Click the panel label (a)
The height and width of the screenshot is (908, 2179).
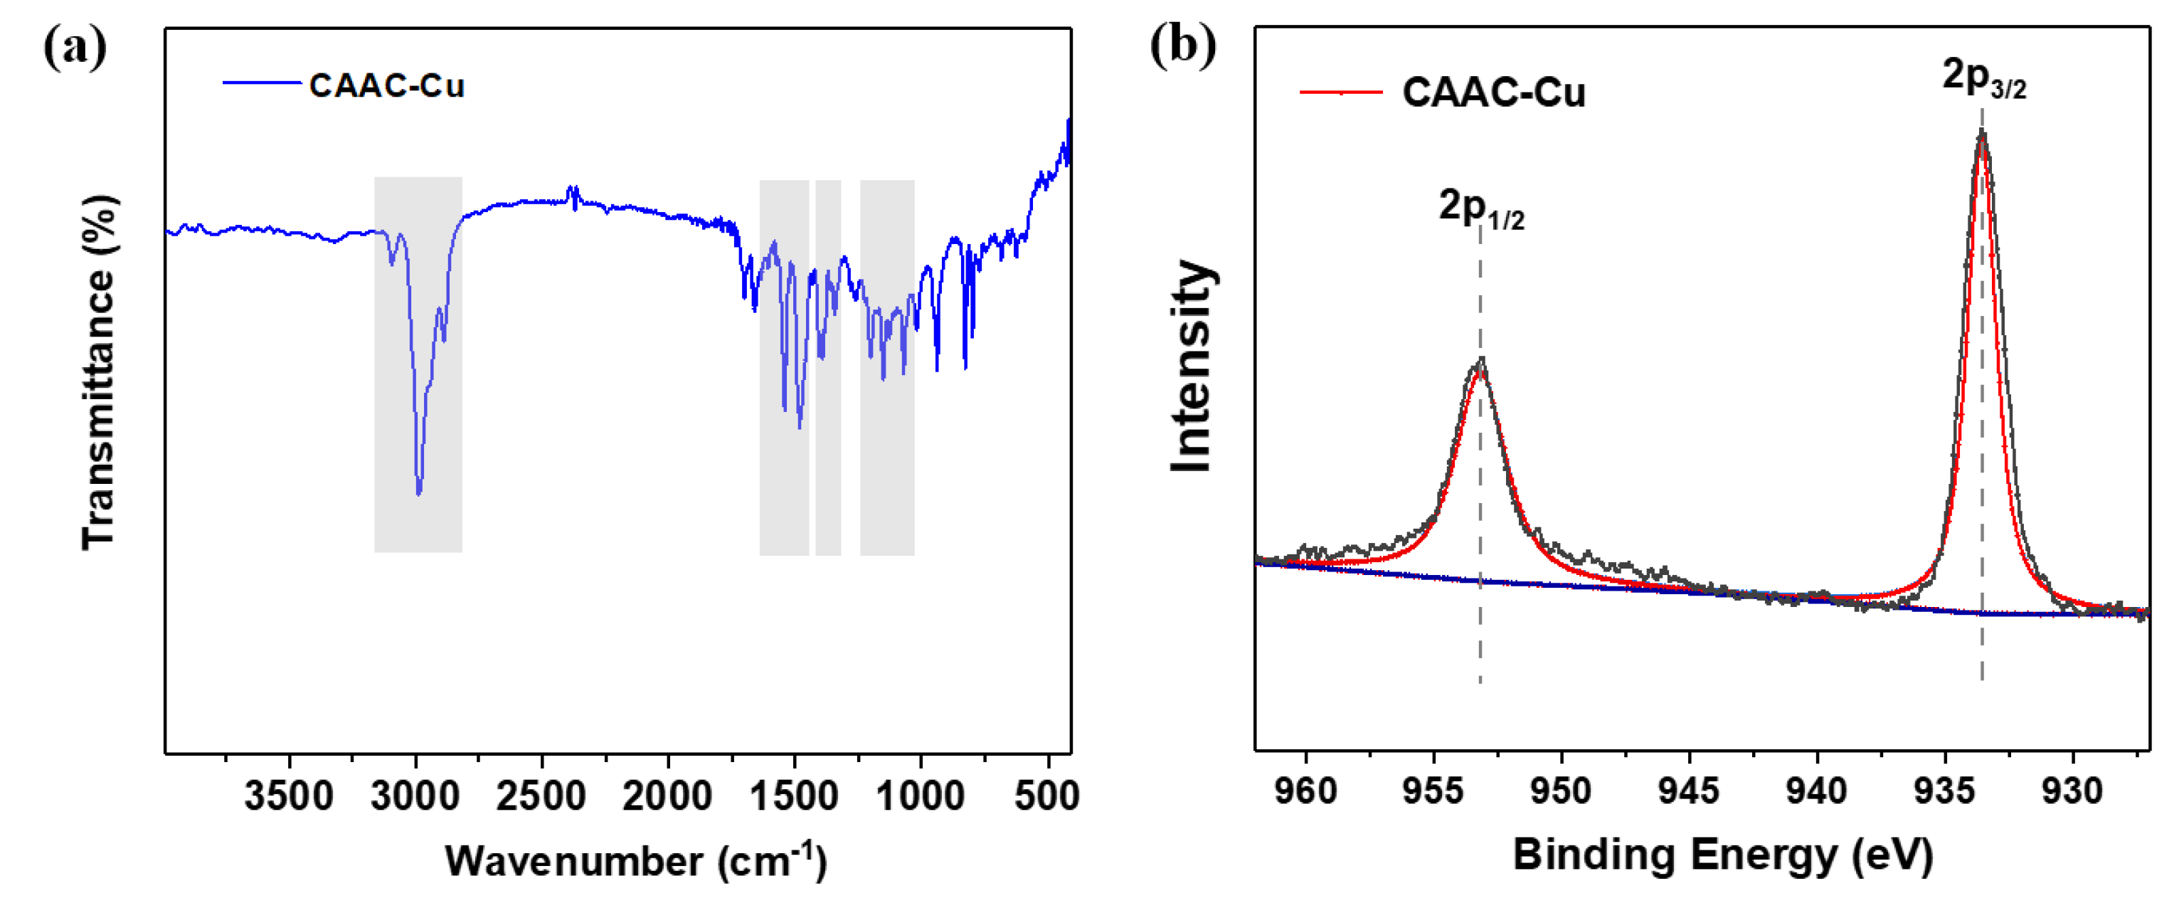pos(75,48)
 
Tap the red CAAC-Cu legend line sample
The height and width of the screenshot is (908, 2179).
pos(1341,91)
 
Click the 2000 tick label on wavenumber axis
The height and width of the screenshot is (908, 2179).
pos(667,796)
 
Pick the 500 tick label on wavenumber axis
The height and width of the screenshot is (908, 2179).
pos(1048,796)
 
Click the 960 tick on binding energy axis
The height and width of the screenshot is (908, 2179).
pos(1307,791)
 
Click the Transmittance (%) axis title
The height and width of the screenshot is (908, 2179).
pos(100,372)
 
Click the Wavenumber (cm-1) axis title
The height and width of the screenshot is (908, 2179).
pos(635,860)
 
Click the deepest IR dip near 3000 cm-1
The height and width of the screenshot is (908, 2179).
pos(419,493)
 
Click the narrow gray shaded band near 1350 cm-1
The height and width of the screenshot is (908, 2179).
pos(828,367)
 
